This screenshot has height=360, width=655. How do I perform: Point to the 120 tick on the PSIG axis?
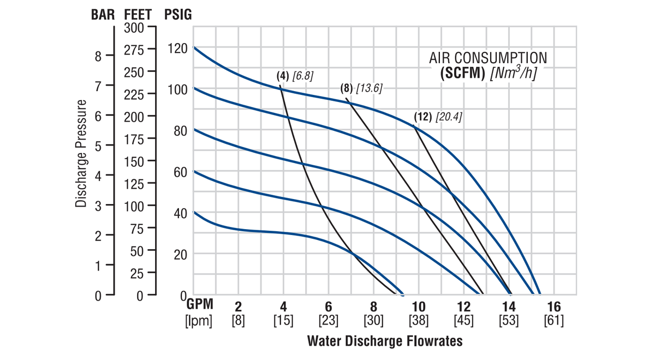point(177,49)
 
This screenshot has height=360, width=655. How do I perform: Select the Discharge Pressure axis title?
point(81,153)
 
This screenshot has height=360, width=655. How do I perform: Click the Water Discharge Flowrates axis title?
point(385,341)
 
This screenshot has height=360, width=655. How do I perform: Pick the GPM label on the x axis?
point(200,307)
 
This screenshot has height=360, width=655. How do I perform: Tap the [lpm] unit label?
point(199,320)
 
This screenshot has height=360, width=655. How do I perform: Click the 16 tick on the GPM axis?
point(553,307)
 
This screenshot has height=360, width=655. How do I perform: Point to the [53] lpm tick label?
point(509,320)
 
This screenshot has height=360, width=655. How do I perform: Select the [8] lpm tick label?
point(238,320)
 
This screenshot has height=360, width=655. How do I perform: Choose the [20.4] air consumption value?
point(449,117)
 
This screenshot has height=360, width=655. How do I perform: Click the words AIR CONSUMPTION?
point(487,58)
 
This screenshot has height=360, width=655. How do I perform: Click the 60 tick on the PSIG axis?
point(177,172)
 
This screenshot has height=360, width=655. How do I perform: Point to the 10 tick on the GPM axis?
point(419,307)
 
